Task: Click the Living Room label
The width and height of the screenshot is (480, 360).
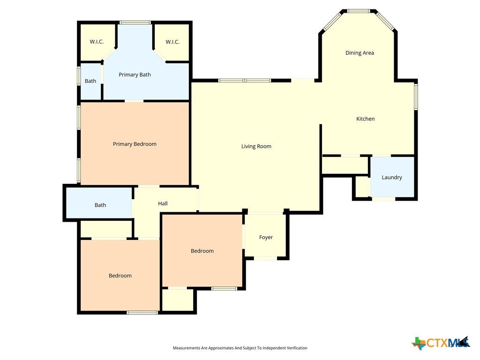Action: coord(256,146)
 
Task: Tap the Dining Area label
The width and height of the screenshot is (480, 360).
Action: coord(360,53)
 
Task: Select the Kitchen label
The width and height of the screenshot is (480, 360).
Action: coord(365,119)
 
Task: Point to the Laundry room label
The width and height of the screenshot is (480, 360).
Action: coord(392,178)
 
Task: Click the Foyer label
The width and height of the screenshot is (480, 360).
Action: coord(266,237)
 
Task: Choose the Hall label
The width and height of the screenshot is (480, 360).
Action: coord(163,203)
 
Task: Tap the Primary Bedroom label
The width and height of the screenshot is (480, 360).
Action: coord(135,144)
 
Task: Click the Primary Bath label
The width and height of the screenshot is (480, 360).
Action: coord(135,75)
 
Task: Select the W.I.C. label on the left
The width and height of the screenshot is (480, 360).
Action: coord(97,42)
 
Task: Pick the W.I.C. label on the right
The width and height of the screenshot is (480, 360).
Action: coord(172,42)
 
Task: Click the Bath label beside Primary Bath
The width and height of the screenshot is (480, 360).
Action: coord(90,81)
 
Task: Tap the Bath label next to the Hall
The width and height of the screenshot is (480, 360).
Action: coord(100,205)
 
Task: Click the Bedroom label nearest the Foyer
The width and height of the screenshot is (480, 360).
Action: coord(202,251)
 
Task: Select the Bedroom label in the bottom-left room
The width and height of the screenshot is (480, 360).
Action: coord(120,276)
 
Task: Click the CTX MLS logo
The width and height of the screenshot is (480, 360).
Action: coord(441,343)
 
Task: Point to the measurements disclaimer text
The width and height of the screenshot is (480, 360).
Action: coord(240,348)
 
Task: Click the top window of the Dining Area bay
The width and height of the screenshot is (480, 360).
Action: coord(359,11)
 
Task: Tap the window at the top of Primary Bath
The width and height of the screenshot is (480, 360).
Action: coord(135,22)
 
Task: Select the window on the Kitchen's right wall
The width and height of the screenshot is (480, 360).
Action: coord(416,97)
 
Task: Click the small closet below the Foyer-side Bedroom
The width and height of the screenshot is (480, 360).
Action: coord(178,300)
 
